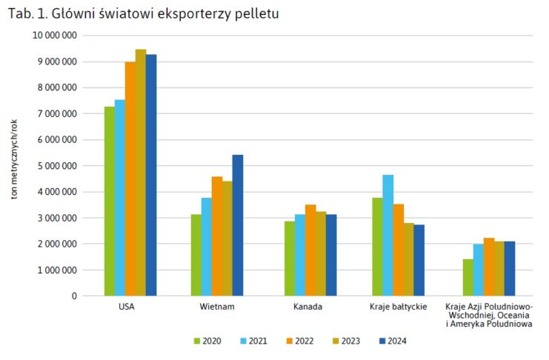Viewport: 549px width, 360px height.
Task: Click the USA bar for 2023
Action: [141, 173]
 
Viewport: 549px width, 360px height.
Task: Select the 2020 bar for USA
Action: [110, 201]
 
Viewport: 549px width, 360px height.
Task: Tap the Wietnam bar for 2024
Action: [237, 225]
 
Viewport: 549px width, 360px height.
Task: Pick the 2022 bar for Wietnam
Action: [216, 236]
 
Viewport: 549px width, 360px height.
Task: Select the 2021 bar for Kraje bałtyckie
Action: [387, 236]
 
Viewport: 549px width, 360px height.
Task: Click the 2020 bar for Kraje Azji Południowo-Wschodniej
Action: [468, 278]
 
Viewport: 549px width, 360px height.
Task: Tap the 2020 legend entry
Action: [207, 341]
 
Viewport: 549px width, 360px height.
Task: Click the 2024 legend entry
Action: [392, 341]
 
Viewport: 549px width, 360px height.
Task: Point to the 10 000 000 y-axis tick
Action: [55, 35]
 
